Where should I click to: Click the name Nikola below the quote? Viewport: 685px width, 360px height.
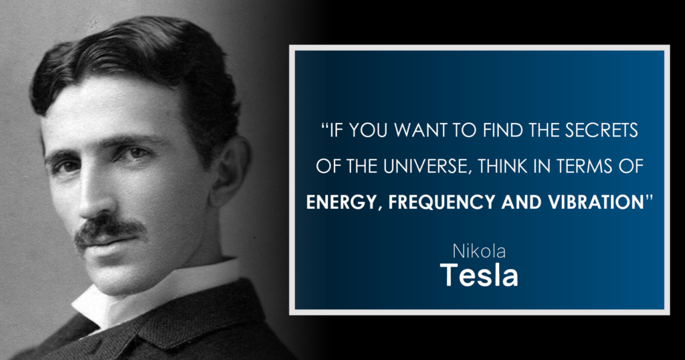[x=479, y=251]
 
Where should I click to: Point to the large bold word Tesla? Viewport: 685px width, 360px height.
[x=479, y=275]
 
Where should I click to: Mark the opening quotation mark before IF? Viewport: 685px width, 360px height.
[x=324, y=126]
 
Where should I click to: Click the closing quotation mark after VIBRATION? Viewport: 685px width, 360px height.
[x=649, y=198]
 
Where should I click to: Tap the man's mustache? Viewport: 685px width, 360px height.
[x=109, y=230]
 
